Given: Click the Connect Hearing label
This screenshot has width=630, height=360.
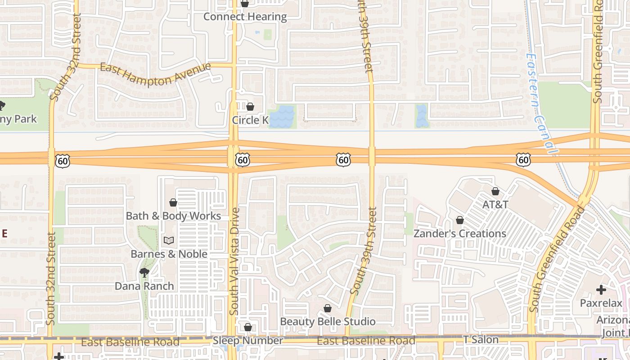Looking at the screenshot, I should [x=245, y=17].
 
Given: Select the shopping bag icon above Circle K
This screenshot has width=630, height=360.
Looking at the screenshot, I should [x=250, y=107].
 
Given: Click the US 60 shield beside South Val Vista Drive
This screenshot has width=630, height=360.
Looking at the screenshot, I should [x=242, y=159].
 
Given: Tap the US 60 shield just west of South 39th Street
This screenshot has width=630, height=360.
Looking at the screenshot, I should [x=343, y=159].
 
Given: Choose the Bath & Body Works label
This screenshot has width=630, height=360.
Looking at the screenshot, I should [x=173, y=216].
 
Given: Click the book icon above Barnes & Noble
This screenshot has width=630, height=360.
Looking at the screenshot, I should [x=169, y=241].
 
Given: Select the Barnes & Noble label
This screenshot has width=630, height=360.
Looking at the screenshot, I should [x=169, y=254].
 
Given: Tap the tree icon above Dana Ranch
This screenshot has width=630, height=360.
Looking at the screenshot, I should [x=144, y=272].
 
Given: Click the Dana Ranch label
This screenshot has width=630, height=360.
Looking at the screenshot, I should [x=144, y=286].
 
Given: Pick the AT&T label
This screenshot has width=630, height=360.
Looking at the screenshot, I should [x=495, y=205].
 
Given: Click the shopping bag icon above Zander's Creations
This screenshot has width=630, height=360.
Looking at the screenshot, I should [x=460, y=220].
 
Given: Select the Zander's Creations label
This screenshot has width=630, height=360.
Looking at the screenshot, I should [x=460, y=234].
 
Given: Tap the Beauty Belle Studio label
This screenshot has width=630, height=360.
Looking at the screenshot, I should [x=328, y=322].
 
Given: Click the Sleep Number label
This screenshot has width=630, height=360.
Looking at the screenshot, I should [x=248, y=341].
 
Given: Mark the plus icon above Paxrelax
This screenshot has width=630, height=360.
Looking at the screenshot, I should [x=601, y=290].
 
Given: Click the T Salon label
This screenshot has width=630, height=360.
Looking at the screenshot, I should [x=481, y=340].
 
